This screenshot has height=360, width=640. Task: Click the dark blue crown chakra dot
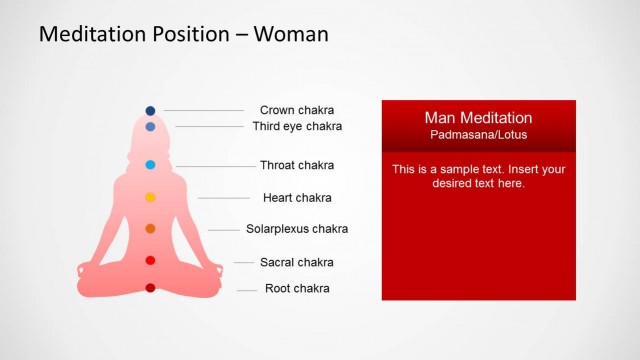click(x=150, y=110)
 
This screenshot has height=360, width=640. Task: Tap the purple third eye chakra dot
click(x=150, y=127)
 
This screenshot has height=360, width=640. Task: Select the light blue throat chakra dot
click(x=150, y=164)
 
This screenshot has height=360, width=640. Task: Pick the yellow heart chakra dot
click(x=150, y=197)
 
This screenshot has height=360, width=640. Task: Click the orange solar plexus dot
click(x=150, y=229)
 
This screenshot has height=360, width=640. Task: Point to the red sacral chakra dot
click(x=150, y=261)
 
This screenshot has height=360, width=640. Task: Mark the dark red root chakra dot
click(x=150, y=288)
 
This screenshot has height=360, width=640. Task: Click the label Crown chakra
click(x=297, y=110)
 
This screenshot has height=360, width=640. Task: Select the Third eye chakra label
click(x=297, y=127)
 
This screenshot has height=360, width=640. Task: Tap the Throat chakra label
click(x=297, y=165)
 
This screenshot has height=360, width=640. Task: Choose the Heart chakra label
click(x=297, y=198)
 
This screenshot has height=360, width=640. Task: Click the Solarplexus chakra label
click(x=297, y=229)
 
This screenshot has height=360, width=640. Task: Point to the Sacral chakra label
click(x=297, y=263)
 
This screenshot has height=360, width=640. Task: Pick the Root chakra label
click(x=297, y=289)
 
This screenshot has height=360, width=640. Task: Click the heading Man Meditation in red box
click(x=478, y=118)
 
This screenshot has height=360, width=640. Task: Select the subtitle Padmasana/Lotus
click(x=478, y=135)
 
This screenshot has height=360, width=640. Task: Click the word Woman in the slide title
click(x=291, y=34)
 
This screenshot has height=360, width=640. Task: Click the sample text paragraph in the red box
click(x=478, y=176)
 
